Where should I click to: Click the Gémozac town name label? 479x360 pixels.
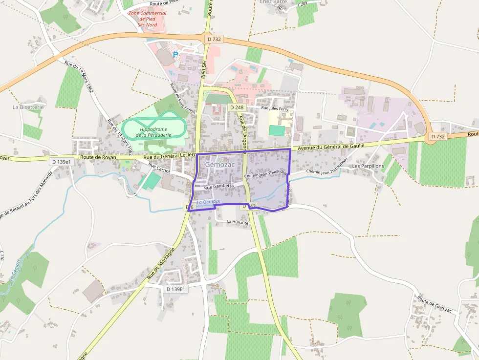point(220,165)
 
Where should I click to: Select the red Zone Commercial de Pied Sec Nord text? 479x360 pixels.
point(147,19)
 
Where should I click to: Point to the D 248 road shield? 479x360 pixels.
point(237,107)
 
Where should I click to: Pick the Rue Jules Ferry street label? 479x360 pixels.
point(275,109)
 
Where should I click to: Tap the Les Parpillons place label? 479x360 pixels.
point(368,166)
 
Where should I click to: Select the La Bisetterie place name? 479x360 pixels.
point(28,106)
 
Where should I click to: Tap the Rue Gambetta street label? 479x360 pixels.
point(219,187)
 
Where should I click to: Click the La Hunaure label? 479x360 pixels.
point(238,222)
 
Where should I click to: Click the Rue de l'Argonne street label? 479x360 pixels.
point(242,128)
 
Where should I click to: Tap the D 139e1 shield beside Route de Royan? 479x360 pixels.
point(61,162)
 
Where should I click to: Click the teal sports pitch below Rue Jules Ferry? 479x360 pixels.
point(277,130)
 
